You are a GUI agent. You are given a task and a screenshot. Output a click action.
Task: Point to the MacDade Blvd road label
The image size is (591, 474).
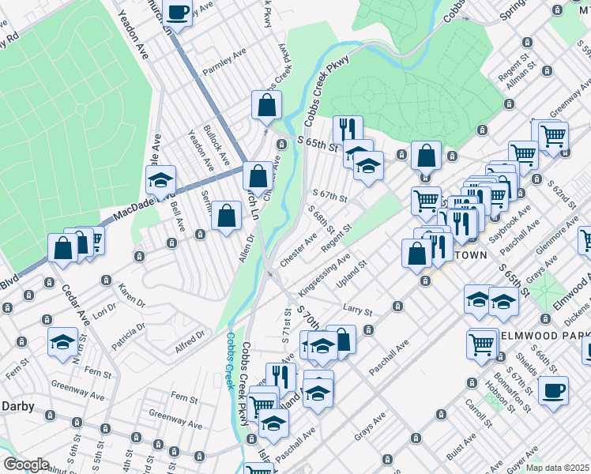tap(129, 209)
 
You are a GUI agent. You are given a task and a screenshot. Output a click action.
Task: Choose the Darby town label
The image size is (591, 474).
tap(15, 405)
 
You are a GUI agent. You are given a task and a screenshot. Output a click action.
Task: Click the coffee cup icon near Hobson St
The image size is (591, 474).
tap(554, 389)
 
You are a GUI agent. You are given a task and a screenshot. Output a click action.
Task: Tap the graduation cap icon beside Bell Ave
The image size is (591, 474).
tap(160, 181)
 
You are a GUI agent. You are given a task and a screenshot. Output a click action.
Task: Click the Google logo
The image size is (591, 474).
tap(26, 465)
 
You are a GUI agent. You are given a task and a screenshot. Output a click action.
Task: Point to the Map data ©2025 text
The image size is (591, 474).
tap(557, 468)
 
